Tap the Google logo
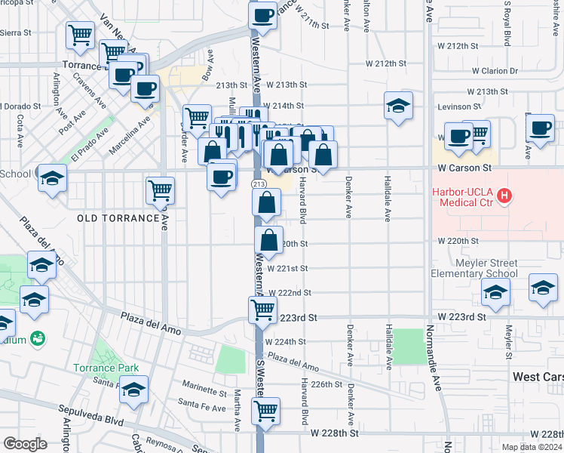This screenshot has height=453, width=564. point(25,443)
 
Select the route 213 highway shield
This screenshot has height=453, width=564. point(258,183)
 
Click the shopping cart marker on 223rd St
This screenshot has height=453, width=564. point(262,308)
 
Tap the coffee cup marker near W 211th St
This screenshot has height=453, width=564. point(262,14)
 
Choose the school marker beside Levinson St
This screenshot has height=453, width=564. point(398,105)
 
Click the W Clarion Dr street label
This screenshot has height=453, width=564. point(495,71)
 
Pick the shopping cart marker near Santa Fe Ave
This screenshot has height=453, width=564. point(265,411)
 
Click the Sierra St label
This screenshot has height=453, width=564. point(15,33)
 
